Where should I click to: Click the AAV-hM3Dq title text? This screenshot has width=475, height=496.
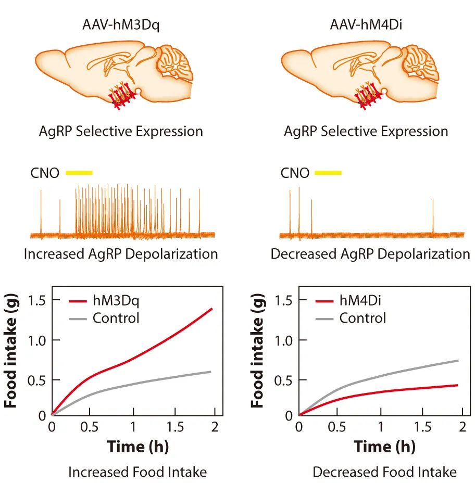tap(120, 24)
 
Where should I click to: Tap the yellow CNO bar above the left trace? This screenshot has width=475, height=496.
tap(79, 172)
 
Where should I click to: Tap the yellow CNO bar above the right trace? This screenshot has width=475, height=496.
tap(328, 172)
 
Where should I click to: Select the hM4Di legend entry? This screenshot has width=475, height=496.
tap(362, 300)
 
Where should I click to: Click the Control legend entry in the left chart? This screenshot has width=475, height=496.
tap(116, 317)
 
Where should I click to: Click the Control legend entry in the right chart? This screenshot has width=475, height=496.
tap(362, 317)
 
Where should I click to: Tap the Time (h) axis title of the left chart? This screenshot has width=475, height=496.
tap(138, 447)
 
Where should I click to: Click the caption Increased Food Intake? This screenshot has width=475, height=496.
tap(137, 472)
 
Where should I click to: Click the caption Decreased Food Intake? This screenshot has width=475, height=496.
tap(384, 472)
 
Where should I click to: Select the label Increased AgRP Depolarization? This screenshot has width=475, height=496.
tap(121, 254)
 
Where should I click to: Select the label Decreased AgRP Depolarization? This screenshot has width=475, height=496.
tap(370, 254)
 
